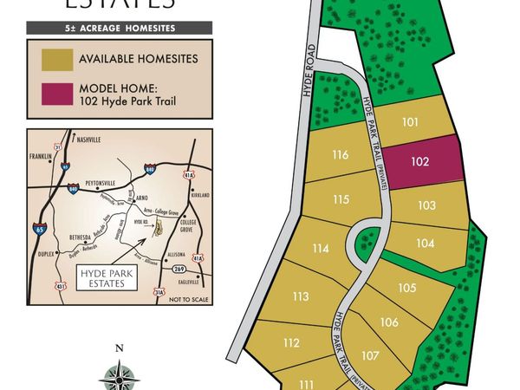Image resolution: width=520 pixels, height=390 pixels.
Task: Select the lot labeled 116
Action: pyautogui.click(x=340, y=155)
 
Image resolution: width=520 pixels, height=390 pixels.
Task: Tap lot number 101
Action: pyautogui.click(x=411, y=122)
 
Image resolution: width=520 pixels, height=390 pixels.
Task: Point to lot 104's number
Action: pyautogui.click(x=425, y=244)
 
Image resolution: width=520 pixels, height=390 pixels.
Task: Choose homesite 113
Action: pyautogui.click(x=301, y=296)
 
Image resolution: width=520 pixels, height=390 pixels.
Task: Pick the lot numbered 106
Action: pyautogui.click(x=389, y=322)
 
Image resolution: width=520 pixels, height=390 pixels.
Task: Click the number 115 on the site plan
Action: pyautogui.click(x=341, y=199)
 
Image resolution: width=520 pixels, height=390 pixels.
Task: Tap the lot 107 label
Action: pyautogui.click(x=370, y=355)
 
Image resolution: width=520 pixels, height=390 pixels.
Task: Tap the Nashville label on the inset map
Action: pyautogui.click(x=89, y=140)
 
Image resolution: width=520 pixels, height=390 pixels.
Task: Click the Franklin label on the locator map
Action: pyautogui.click(x=41, y=157)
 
